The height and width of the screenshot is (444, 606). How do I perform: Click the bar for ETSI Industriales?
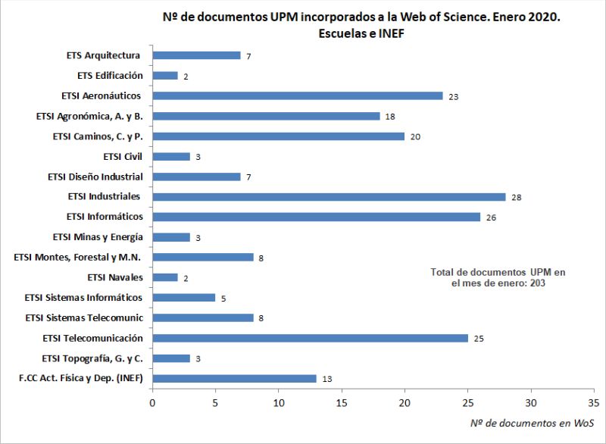pos(329,197)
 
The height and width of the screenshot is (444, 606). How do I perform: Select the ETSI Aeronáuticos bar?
pos(297,96)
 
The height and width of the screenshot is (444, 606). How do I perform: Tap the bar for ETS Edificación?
pos(165,76)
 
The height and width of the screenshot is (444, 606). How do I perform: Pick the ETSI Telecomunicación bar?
pos(310,338)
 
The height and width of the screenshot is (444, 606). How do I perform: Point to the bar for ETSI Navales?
pos(165,277)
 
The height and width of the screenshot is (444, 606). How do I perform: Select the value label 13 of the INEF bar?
pos(326,379)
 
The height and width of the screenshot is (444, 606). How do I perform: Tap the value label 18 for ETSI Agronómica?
pos(389,117)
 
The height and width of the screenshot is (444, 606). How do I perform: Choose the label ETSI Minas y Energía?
pos(98,237)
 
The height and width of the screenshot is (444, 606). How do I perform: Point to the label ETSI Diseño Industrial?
pos(95,177)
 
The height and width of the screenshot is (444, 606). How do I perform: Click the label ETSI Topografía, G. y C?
pos(93,358)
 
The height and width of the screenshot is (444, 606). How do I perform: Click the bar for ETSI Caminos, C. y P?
pos(279,136)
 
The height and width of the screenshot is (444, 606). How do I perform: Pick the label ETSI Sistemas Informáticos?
pos(83,298)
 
